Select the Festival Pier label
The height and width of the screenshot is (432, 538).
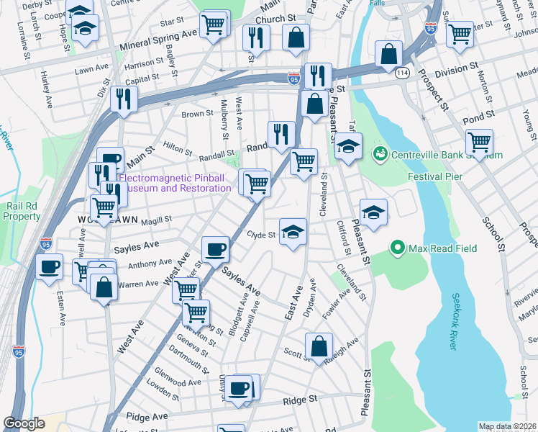pyautogui.click(x=434, y=176)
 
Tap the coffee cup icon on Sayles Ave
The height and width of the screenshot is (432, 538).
pyautogui.click(x=215, y=250)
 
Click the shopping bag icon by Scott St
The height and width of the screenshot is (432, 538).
pyautogui.click(x=319, y=346)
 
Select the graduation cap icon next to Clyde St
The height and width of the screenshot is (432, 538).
pyautogui.click(x=292, y=232)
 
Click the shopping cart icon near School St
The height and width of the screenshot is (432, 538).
pyautogui.click(x=478, y=142)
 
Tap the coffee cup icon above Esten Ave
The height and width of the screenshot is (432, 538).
pyautogui.click(x=49, y=266)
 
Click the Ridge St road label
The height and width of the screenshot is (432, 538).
pyautogui.click(x=300, y=399)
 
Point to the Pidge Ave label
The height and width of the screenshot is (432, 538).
pyautogui.click(x=147, y=416)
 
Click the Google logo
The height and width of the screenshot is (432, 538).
pyautogui.click(x=24, y=423)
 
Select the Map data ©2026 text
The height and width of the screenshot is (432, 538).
pyautogui.click(x=507, y=426)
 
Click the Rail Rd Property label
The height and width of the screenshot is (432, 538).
pyautogui.click(x=23, y=210)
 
